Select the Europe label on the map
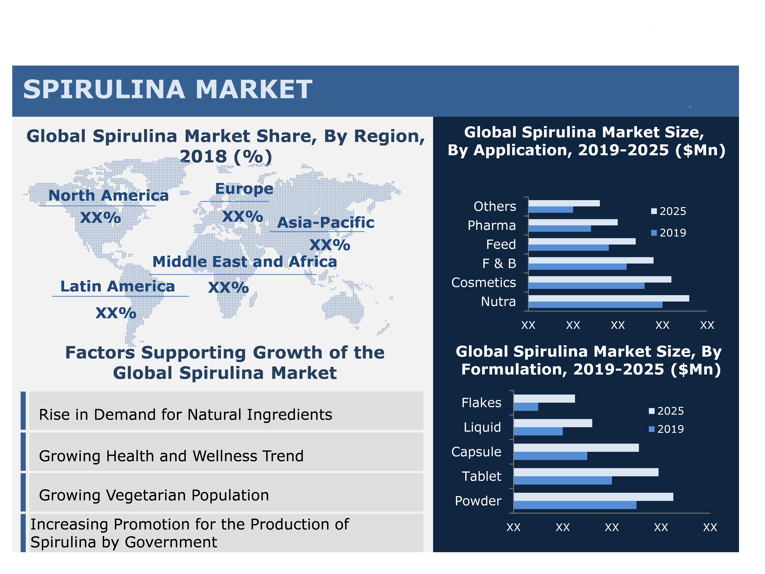coord(244,189)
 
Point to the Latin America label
coord(118,286)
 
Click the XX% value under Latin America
coord(116,313)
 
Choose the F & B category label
coord(499,264)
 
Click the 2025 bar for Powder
coord(593,497)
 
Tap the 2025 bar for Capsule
coord(576,448)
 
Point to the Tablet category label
coord(481,476)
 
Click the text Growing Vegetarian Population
coord(154,495)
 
